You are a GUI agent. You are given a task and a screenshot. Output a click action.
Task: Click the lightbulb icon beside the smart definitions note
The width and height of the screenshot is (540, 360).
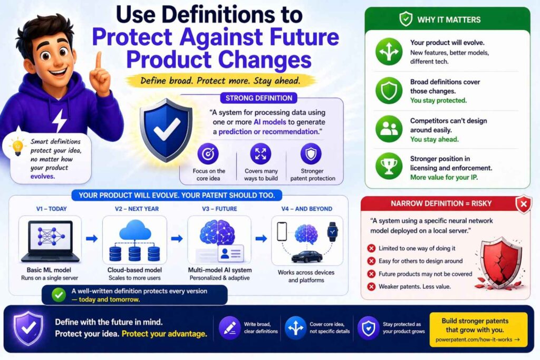click(17, 147)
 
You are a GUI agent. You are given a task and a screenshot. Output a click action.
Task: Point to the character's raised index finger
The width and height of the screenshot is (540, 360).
click(99, 61)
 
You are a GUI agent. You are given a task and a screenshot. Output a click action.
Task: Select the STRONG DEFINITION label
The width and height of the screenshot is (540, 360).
click(259, 98)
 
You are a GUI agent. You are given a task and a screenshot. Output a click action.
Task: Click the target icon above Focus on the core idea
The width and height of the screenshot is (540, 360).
click(208, 154)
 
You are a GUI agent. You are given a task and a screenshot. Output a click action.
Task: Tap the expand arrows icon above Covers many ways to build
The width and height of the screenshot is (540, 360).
click(261, 154)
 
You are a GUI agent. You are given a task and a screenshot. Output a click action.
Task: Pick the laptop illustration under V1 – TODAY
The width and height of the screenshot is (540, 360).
click(50, 241)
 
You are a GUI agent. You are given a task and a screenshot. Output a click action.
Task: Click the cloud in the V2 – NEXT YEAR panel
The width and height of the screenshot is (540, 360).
click(135, 230)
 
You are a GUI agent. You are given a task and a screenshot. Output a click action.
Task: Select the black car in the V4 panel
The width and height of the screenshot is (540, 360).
click(306, 257)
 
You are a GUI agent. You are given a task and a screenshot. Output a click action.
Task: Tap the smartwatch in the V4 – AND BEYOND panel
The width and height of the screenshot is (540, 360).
click(332, 231)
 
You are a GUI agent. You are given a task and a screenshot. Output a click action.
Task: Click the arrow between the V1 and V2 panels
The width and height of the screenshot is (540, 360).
click(92, 239)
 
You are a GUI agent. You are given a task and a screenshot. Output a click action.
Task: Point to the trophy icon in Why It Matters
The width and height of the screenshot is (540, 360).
click(389, 166)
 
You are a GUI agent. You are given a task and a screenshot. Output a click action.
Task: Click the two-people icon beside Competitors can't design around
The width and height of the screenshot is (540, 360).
click(389, 129)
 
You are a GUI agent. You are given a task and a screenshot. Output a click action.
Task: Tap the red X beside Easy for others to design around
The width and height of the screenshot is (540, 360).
click(371, 261)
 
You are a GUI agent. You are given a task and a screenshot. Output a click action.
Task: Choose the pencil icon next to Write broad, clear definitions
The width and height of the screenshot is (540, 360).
click(229, 328)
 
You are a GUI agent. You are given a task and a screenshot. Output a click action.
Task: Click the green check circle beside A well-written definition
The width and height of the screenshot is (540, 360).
click(59, 295)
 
